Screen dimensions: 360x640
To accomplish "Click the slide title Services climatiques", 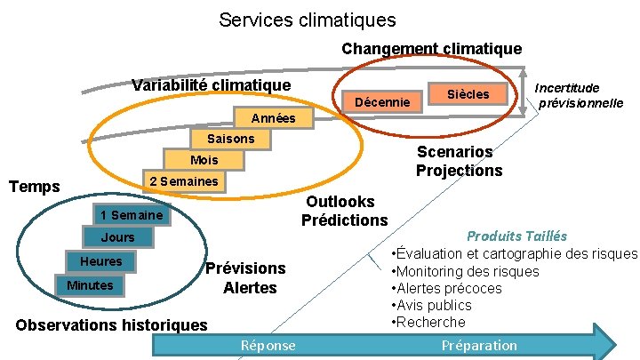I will (308, 19).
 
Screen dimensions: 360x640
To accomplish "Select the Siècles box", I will (468, 93).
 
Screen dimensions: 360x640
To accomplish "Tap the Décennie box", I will (382, 102).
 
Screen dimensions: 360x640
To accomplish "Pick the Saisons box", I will (230, 139).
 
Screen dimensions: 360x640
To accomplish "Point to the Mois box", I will (204, 160).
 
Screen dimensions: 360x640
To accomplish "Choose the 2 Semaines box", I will (183, 181).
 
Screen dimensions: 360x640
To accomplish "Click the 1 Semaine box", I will (131, 215).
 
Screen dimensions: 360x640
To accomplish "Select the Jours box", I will (117, 237).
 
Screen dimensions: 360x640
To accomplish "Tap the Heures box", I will (101, 261).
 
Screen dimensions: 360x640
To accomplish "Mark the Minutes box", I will (90, 285).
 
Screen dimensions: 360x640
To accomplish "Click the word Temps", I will (34, 187).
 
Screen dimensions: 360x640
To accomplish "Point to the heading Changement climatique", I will (431, 48).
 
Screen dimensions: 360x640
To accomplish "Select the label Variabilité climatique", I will (211, 85).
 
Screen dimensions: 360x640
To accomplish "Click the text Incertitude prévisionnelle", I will (580, 95).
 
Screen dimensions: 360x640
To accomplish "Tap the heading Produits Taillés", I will (516, 236).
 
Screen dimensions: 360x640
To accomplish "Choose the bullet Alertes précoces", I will (449, 288).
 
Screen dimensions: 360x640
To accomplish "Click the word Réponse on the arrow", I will (268, 345).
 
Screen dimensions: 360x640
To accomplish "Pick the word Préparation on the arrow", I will (478, 345).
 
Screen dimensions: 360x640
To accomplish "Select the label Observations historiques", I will (111, 325).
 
